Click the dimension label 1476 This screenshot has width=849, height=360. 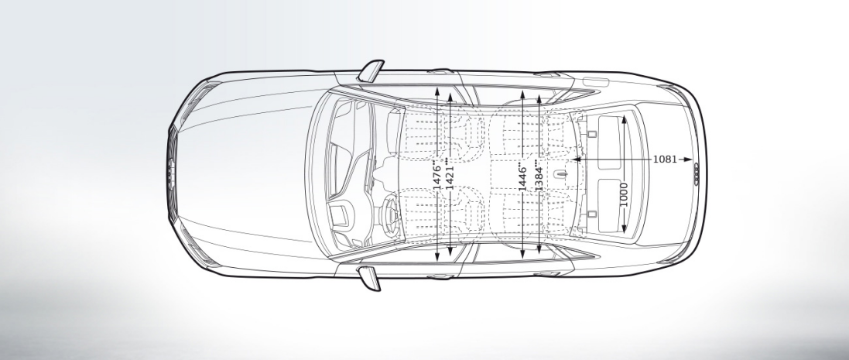pos(437,177)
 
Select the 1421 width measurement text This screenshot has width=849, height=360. pos(450,177)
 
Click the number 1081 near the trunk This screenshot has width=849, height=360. pos(665,159)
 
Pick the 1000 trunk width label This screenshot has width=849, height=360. pos(624,194)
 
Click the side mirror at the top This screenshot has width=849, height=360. pos(372,70)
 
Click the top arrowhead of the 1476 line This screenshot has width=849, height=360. pos(437,91)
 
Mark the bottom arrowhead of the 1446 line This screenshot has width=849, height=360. pos(523,255)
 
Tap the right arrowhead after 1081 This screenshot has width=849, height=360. pos(686,159)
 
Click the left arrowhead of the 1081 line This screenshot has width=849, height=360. pos(577,159)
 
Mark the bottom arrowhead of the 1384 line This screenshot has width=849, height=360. pos(538,255)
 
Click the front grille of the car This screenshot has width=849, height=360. pos(173,175)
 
